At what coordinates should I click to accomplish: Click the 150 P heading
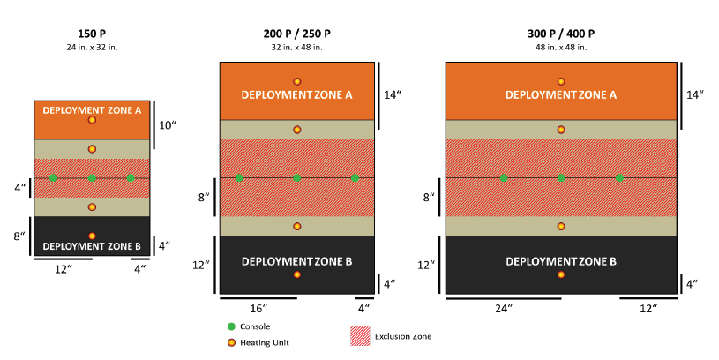click(92, 34)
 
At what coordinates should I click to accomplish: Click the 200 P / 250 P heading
click(296, 34)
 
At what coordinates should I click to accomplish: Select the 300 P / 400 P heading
click(560, 34)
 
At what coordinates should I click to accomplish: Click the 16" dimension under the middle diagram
click(258, 310)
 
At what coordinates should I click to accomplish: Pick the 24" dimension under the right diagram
click(504, 310)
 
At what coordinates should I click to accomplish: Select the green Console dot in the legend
click(232, 326)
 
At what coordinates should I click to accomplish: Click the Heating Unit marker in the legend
click(232, 341)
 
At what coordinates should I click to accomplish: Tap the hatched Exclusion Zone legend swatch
click(359, 336)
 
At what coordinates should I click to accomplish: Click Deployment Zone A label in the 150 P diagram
click(92, 110)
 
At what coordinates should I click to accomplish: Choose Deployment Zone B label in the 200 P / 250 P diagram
click(297, 261)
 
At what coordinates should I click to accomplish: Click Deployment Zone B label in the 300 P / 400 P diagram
click(560, 261)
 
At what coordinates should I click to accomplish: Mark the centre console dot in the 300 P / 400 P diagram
click(561, 178)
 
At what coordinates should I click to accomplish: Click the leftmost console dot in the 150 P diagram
click(53, 178)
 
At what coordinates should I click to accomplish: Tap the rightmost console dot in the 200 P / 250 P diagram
click(355, 178)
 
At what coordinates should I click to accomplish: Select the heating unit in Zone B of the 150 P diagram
click(92, 236)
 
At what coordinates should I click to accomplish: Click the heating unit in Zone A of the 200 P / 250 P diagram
click(297, 81)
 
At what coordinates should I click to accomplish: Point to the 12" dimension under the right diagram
click(648, 310)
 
